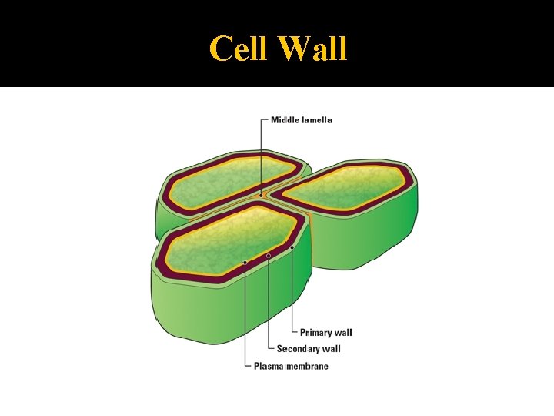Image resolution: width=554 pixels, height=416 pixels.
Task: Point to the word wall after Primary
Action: pyautogui.click(x=344, y=333)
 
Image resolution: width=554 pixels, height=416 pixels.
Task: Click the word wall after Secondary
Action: pyautogui.click(x=332, y=349)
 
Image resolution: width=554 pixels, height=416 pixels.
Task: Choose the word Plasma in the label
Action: pyautogui.click(x=269, y=366)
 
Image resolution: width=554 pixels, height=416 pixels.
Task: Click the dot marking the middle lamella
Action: pyautogui.click(x=261, y=196)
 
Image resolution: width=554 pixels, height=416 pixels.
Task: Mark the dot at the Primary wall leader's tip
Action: pyautogui.click(x=292, y=247)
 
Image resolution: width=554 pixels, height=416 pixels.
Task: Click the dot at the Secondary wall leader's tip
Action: pyautogui.click(x=269, y=255)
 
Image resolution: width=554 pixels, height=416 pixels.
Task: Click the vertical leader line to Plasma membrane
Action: pyautogui.click(x=245, y=316)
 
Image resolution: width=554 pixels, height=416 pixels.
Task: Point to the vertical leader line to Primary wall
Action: pyautogui.click(x=292, y=293)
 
